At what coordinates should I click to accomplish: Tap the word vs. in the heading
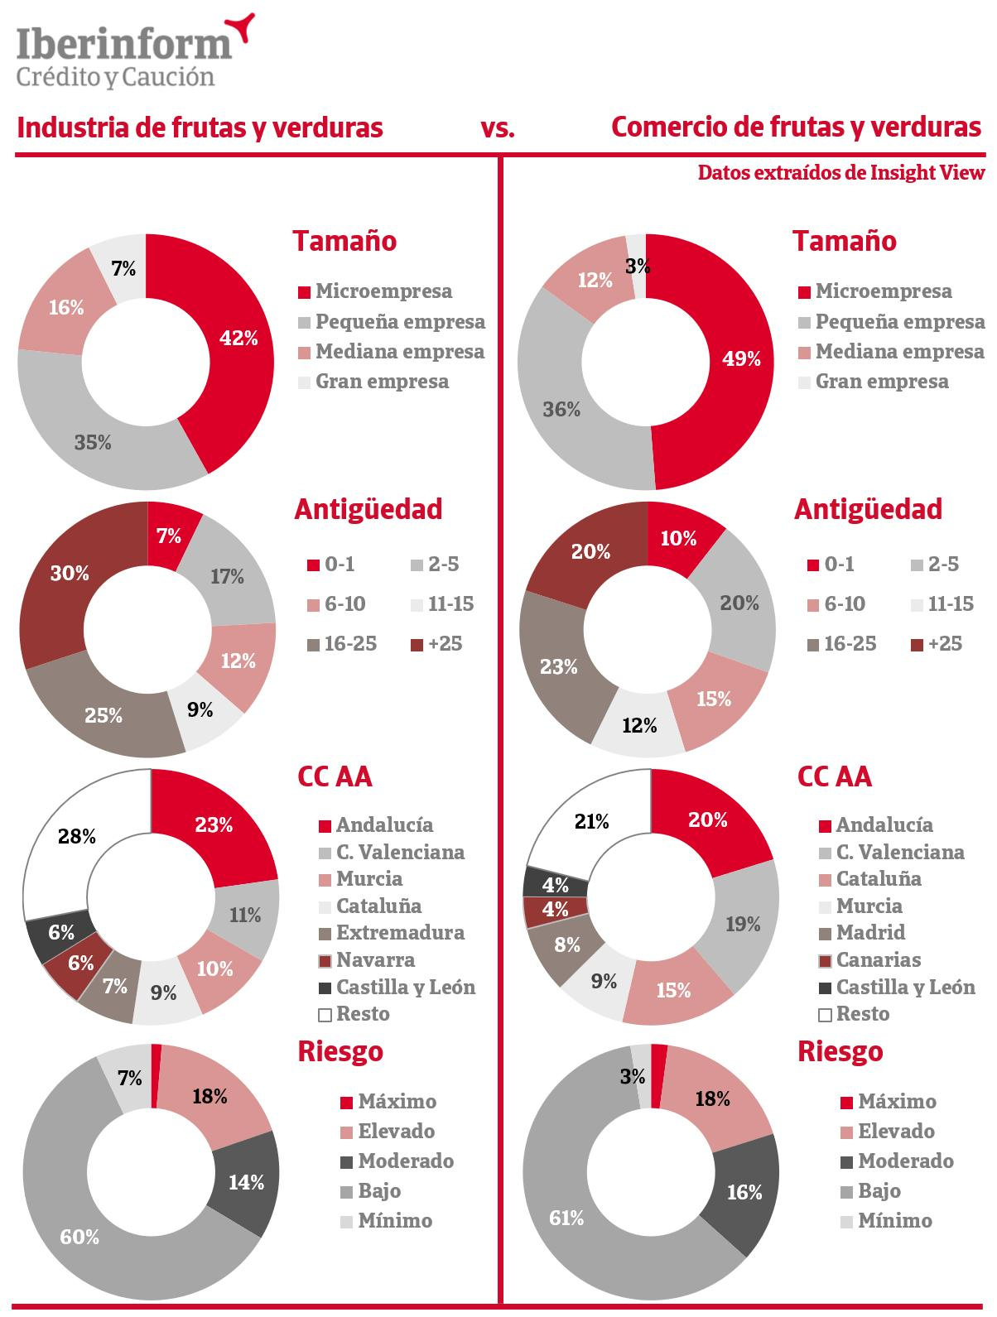pyautogui.click(x=498, y=128)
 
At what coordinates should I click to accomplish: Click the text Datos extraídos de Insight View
pyautogui.click(x=841, y=172)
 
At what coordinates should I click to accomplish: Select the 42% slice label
pyautogui.click(x=238, y=338)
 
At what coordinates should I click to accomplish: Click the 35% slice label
pyautogui.click(x=93, y=443)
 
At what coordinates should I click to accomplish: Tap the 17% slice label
pyautogui.click(x=227, y=576)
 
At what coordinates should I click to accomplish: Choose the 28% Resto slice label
pyautogui.click(x=77, y=836)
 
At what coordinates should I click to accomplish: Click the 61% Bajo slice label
pyautogui.click(x=566, y=1218)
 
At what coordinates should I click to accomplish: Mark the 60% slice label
pyautogui.click(x=79, y=1237)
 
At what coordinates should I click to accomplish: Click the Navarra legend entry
pyautogui.click(x=374, y=960)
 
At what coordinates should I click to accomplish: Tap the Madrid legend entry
pyautogui.click(x=869, y=933)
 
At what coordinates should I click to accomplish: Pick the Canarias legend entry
pyautogui.click(x=878, y=960)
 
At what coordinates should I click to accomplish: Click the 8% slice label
pyautogui.click(x=567, y=944)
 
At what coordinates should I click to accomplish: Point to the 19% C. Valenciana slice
pyautogui.click(x=743, y=925)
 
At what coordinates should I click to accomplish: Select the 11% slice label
pyautogui.click(x=245, y=915)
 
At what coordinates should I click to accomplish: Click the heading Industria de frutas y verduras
pyautogui.click(x=200, y=128)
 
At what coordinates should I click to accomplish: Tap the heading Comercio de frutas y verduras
pyautogui.click(x=796, y=128)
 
